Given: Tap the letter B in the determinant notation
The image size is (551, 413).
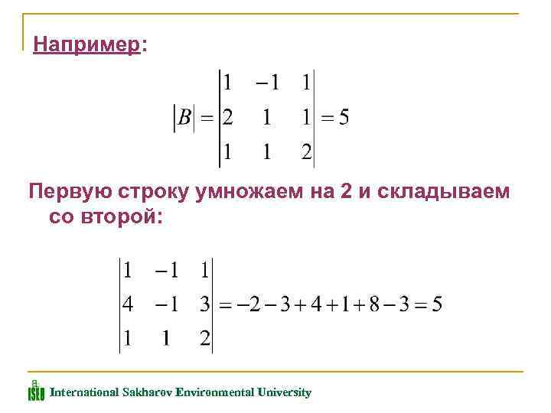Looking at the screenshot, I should (184, 118).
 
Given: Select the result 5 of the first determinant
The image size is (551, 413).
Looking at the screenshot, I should (344, 118).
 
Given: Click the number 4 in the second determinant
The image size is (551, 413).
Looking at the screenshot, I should (128, 304).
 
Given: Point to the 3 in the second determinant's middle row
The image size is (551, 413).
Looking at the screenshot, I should (204, 304).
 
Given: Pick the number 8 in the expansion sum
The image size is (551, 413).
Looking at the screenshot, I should (373, 304).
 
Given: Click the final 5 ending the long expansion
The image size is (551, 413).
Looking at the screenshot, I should (435, 304).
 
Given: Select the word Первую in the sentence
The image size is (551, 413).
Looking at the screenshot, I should (64, 192).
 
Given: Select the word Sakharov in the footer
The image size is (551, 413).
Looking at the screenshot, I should (147, 392).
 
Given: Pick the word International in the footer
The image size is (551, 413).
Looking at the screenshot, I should (84, 392).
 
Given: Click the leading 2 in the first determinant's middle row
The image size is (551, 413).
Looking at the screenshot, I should (227, 118).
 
